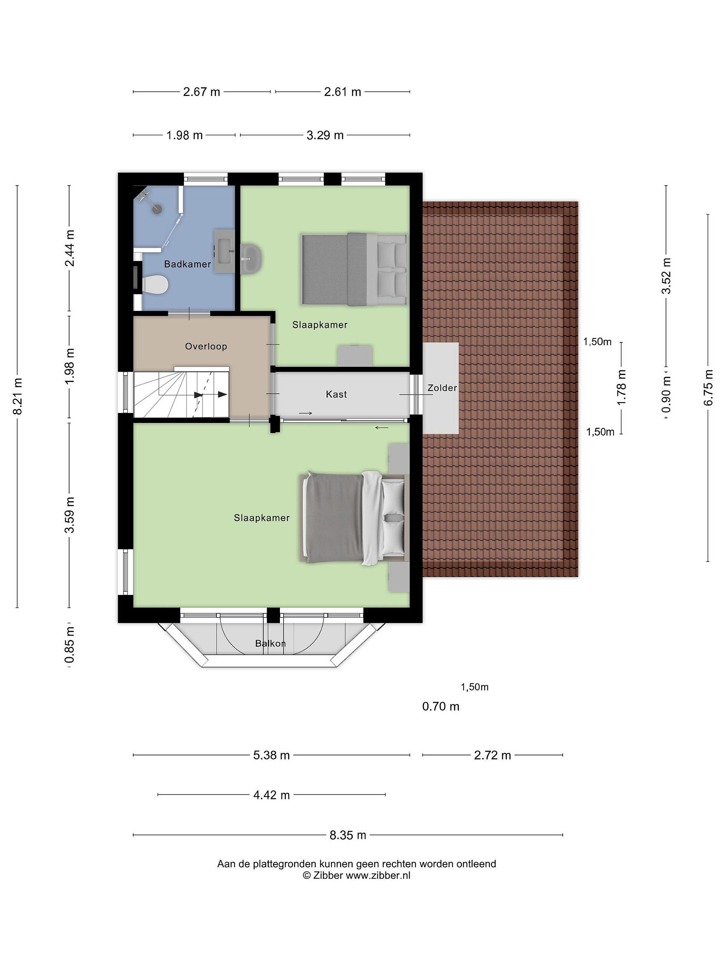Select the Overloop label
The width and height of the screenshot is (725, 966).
pyautogui.click(x=206, y=346)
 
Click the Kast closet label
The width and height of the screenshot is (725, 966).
pyautogui.click(x=336, y=394)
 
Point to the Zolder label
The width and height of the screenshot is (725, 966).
pyautogui.click(x=442, y=388)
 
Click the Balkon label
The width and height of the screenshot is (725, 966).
pyautogui.click(x=271, y=643)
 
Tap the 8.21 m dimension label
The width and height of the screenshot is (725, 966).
pyautogui.click(x=17, y=396)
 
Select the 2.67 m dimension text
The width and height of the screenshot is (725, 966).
pyautogui.click(x=201, y=92)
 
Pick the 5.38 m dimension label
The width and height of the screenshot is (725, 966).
pyautogui.click(x=272, y=755)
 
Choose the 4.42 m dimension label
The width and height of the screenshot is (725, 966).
pyautogui.click(x=272, y=795)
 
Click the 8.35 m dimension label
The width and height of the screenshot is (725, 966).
pyautogui.click(x=348, y=835)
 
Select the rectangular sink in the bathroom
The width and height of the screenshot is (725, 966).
pyautogui.click(x=224, y=252)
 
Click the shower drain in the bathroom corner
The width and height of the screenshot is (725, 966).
pyautogui.click(x=156, y=209)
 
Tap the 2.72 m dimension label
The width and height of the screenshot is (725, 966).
pyautogui.click(x=492, y=755)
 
